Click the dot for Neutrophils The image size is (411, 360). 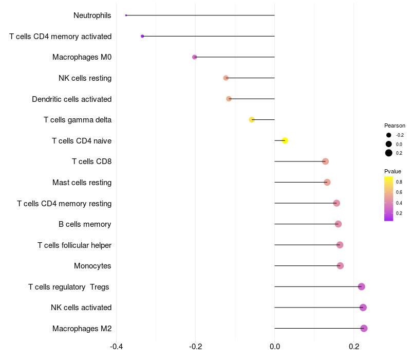(x=126, y=15)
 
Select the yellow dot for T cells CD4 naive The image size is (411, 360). (x=285, y=140)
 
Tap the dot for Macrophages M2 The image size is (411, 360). (x=364, y=328)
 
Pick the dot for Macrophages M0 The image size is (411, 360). (x=194, y=57)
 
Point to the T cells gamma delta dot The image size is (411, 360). (x=252, y=120)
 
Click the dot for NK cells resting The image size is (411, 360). (x=226, y=78)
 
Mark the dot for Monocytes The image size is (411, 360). (x=340, y=266)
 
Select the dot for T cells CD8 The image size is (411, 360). (x=325, y=161)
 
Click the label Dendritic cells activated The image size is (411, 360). (x=71, y=99)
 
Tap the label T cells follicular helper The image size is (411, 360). (x=74, y=245)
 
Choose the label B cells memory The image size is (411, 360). (x=85, y=224)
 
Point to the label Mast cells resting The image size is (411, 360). (x=82, y=183)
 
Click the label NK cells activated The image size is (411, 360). (x=81, y=308)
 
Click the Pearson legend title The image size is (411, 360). (x=395, y=125)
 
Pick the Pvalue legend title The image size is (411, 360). (x=393, y=171)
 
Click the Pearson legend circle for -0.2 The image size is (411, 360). (x=389, y=135)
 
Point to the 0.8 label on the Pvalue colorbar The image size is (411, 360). (x=399, y=182)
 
